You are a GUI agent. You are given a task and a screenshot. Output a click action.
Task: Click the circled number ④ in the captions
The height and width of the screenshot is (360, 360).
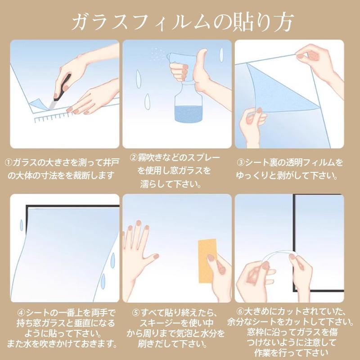[21, 312]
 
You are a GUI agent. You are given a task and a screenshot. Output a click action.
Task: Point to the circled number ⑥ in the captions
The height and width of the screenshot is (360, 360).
[241, 311]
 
